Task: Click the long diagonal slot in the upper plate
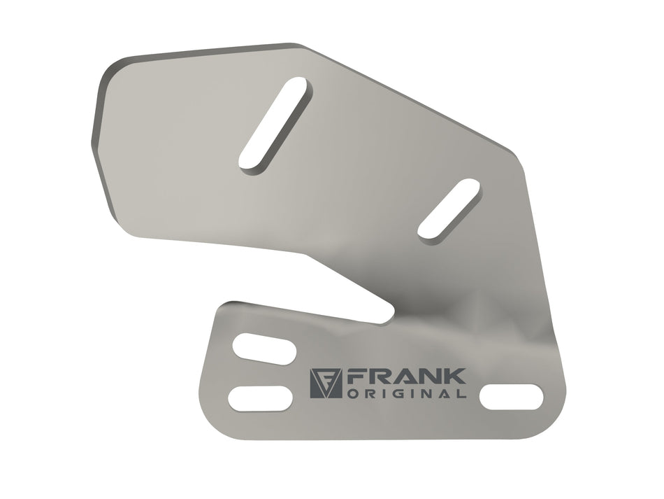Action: tap(275, 125)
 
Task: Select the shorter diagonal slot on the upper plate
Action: tap(449, 208)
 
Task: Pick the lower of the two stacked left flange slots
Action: tap(260, 397)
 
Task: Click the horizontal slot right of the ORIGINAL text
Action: tap(511, 397)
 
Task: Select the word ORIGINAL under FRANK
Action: tap(407, 394)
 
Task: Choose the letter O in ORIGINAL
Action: tap(352, 394)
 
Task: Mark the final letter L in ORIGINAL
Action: tap(462, 394)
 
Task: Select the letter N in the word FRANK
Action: tap(429, 377)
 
